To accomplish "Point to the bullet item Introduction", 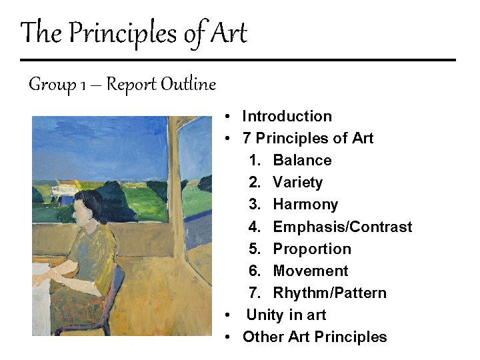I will click(x=287, y=116).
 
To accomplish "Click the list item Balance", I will click(x=302, y=160).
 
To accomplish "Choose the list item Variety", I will click(x=297, y=182).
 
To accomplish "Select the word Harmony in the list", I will click(x=305, y=204).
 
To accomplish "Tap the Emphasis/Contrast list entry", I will click(x=343, y=227).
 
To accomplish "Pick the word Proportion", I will click(x=312, y=249).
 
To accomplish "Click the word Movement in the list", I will click(x=311, y=271).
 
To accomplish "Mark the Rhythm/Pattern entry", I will click(x=329, y=293).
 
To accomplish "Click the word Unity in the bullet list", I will click(x=264, y=315).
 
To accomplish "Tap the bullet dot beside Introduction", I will click(x=228, y=117).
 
